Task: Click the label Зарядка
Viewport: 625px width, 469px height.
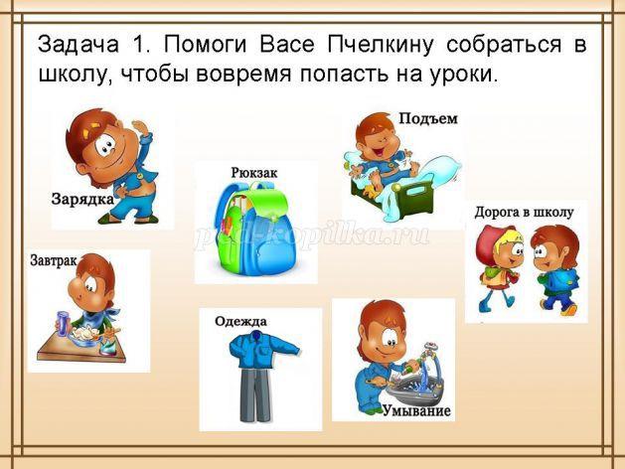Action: coord(82,199)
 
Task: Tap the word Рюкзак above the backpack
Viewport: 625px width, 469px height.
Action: coord(254,173)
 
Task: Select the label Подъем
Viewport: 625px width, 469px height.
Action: coord(428,119)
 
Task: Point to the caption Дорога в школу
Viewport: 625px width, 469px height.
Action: coord(524,213)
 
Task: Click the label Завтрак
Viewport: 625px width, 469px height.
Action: coord(54,260)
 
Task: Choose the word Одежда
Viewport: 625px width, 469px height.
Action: coord(240,321)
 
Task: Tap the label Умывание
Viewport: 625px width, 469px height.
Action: coord(417,410)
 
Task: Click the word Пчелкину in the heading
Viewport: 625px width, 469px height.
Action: coord(381,45)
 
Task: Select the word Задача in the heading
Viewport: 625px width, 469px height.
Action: coord(78,45)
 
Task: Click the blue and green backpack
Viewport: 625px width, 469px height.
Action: coord(255,229)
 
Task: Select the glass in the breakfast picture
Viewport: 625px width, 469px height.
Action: coord(64,324)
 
